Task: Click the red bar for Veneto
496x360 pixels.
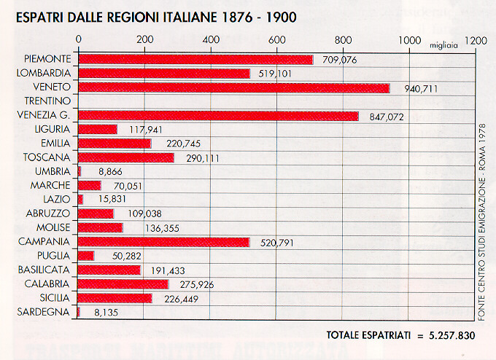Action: (x=233, y=87)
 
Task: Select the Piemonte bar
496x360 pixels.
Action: (x=195, y=60)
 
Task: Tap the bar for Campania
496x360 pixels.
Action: (x=163, y=242)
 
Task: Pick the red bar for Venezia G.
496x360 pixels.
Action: (x=218, y=115)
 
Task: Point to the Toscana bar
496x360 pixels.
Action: (x=125, y=157)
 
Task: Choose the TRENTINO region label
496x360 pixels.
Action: (x=47, y=101)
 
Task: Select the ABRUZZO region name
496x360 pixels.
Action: (x=48, y=213)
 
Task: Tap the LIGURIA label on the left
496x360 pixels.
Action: (x=51, y=129)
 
